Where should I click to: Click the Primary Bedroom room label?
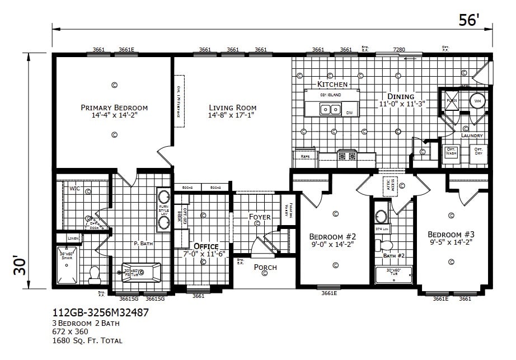(114, 107)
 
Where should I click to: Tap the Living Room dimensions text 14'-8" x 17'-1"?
(232, 115)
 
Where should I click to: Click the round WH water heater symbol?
(477, 101)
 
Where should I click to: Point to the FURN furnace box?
(451, 101)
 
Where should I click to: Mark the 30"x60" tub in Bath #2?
(394, 275)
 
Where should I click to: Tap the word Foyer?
(260, 217)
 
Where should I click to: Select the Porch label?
(265, 267)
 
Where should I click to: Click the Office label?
(205, 246)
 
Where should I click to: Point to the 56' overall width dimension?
(469, 20)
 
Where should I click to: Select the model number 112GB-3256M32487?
(100, 313)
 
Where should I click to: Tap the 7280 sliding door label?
(399, 50)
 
